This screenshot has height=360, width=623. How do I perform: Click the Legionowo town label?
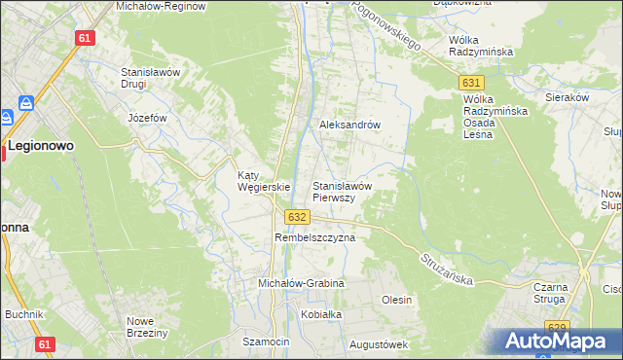42,145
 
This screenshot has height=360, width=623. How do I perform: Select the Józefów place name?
149,118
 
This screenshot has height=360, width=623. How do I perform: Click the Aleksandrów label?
349,126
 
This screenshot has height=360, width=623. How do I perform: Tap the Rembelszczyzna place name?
314,237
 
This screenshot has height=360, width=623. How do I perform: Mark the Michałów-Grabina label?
301,283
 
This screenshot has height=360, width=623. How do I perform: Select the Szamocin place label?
267,342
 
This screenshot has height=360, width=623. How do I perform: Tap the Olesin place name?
396,300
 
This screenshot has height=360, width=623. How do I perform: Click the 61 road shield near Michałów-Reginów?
85,37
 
